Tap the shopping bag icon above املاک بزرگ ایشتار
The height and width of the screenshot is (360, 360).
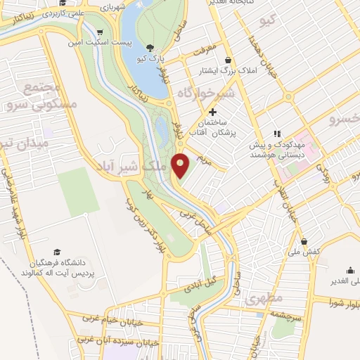229,60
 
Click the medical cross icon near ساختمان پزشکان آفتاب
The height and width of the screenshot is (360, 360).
212,112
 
